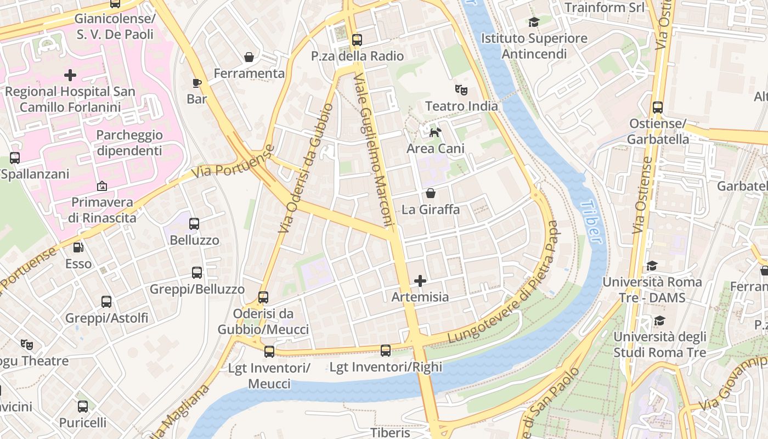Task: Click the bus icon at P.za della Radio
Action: tap(357, 40)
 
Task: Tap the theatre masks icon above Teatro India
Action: tap(461, 89)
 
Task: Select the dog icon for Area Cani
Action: tap(435, 132)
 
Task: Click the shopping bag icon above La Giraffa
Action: tap(431, 193)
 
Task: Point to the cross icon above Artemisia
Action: tap(420, 281)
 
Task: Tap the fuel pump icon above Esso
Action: tap(78, 247)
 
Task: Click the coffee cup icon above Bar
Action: tap(197, 83)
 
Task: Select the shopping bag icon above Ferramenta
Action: tap(249, 57)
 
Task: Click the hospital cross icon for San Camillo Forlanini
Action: tap(70, 75)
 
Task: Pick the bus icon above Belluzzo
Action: tap(194, 223)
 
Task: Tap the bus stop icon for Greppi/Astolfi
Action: tap(106, 301)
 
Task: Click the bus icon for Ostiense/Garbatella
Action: tap(658, 108)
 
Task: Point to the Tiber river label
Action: tap(590, 221)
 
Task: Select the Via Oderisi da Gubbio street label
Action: tap(306, 167)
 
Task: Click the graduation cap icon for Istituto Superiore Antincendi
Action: tap(534, 22)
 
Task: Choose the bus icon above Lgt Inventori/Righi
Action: tap(386, 350)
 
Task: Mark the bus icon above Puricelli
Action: tap(83, 407)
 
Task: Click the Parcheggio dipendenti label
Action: tap(129, 143)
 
